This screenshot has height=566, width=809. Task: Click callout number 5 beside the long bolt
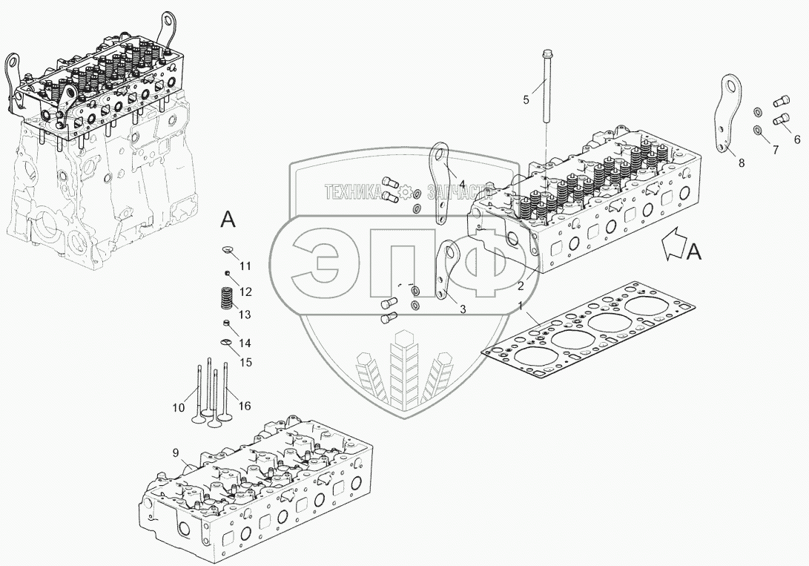[x=526, y=100]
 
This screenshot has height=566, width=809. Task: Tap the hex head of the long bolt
[x=547, y=53]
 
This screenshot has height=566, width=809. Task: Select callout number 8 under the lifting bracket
[x=742, y=163]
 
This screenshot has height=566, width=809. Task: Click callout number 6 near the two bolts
[x=797, y=139]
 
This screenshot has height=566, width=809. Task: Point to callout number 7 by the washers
[x=775, y=150]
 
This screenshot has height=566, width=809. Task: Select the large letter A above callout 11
[x=228, y=220]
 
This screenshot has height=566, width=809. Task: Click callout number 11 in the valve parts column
[x=245, y=266]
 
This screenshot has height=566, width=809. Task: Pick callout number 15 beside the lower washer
[x=245, y=363]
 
